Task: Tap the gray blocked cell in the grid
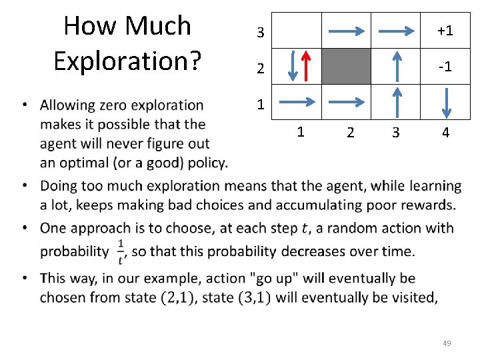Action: coord(347,66)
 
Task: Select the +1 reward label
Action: coord(445,31)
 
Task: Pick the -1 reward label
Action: coord(445,67)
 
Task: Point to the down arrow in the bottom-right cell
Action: coord(447,102)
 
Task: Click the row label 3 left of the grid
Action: coord(261,32)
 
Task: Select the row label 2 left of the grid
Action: coord(261,68)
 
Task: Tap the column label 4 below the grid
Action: coord(445,133)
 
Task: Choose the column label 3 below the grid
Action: coord(396,133)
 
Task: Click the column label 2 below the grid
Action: coord(349,133)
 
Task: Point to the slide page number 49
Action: coord(447,343)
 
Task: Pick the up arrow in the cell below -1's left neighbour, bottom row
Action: coord(397,102)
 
